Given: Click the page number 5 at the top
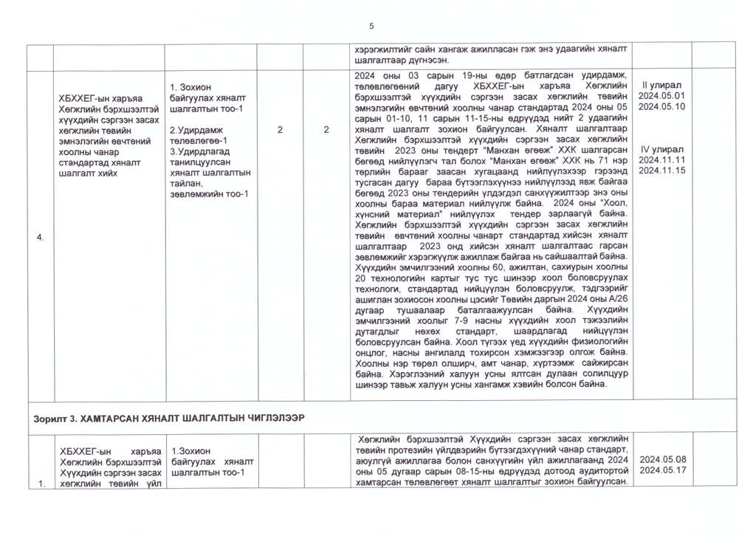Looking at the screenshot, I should [x=371, y=27].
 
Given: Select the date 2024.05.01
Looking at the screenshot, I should [x=661, y=95].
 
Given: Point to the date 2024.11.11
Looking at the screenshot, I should [x=661, y=159].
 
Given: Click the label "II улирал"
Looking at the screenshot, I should [x=661, y=84].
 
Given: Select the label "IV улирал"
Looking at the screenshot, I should [x=661, y=148].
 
